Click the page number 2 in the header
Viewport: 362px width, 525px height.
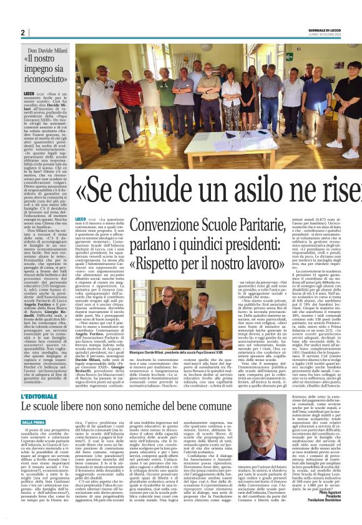click(22, 32)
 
